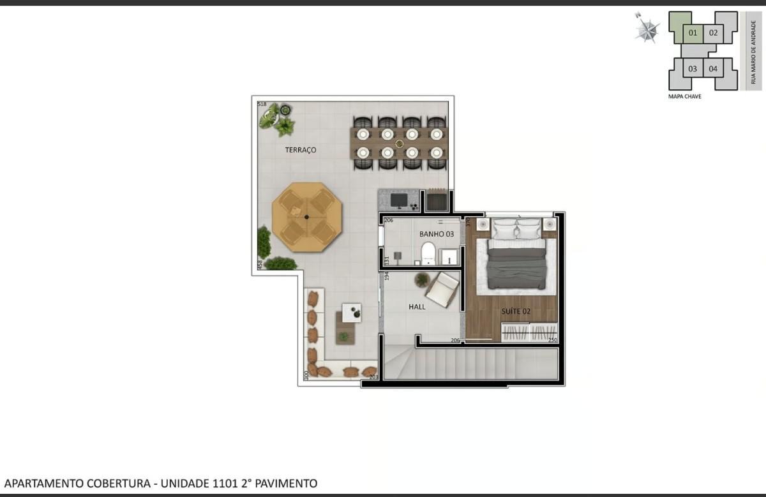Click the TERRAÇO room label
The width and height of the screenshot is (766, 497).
coord(300,150)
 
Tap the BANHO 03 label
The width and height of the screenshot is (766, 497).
coord(437,234)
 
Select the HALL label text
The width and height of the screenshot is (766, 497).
coord(417,307)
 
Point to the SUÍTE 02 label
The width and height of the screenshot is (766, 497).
coord(516,311)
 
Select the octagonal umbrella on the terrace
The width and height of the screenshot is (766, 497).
coord(307,218)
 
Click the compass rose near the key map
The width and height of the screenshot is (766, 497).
coord(648,29)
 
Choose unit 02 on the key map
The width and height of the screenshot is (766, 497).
coord(713,33)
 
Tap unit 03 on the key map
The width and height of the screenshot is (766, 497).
coord(693,69)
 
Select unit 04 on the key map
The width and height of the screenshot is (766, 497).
coord(713,69)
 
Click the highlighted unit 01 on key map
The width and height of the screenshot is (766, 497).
coord(693,33)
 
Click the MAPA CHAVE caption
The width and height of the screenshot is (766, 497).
coord(684,97)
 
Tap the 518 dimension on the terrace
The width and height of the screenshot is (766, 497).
coord(262,103)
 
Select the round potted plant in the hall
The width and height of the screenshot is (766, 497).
coord(422,279)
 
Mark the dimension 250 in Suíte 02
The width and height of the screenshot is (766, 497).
coord(553,340)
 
